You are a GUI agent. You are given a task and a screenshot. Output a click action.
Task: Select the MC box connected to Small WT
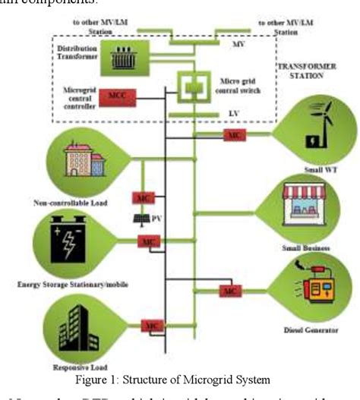coord(232,134)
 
